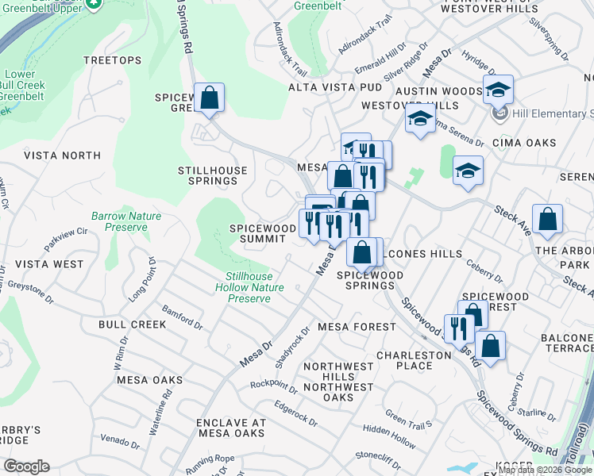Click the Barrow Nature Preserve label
[125, 221]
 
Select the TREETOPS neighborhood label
[113, 60]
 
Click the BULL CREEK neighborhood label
[132, 324]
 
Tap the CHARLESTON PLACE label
[414, 361]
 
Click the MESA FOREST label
[356, 327]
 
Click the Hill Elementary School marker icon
[500, 114]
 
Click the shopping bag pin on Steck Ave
[547, 220]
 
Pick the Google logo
[26, 466]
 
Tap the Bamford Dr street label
[182, 319]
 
